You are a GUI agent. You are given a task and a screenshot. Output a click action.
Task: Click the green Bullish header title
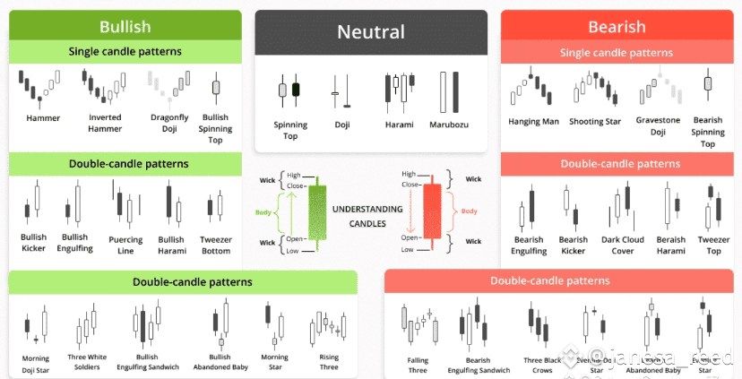pyautogui.click(x=125, y=27)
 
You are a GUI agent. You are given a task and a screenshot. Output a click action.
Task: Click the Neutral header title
pyautogui.click(x=370, y=33)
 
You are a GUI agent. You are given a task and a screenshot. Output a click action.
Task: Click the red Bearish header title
pyautogui.click(x=617, y=27)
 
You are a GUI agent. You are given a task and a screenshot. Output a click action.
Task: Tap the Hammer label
pyautogui.click(x=43, y=118)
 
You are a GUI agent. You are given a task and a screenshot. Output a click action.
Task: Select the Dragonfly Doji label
pyautogui.click(x=169, y=123)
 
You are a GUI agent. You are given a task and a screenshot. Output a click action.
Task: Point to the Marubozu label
pyautogui.click(x=449, y=125)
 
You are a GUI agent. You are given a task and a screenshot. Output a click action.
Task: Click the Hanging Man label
pyautogui.click(x=533, y=122)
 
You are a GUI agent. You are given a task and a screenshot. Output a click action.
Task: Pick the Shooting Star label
pyautogui.click(x=594, y=122)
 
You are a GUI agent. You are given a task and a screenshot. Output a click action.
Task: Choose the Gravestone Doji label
pyautogui.click(x=658, y=125)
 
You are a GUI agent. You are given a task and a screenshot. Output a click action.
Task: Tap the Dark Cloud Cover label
pyautogui.click(x=623, y=245)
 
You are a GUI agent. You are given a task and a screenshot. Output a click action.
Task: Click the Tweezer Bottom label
pyautogui.click(x=216, y=245)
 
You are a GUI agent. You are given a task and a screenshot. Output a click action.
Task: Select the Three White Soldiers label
pyautogui.click(x=87, y=362)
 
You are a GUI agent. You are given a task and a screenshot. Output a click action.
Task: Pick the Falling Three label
pyautogui.click(x=418, y=366)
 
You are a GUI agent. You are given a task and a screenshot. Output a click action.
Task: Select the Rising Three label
pyautogui.click(x=329, y=362)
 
